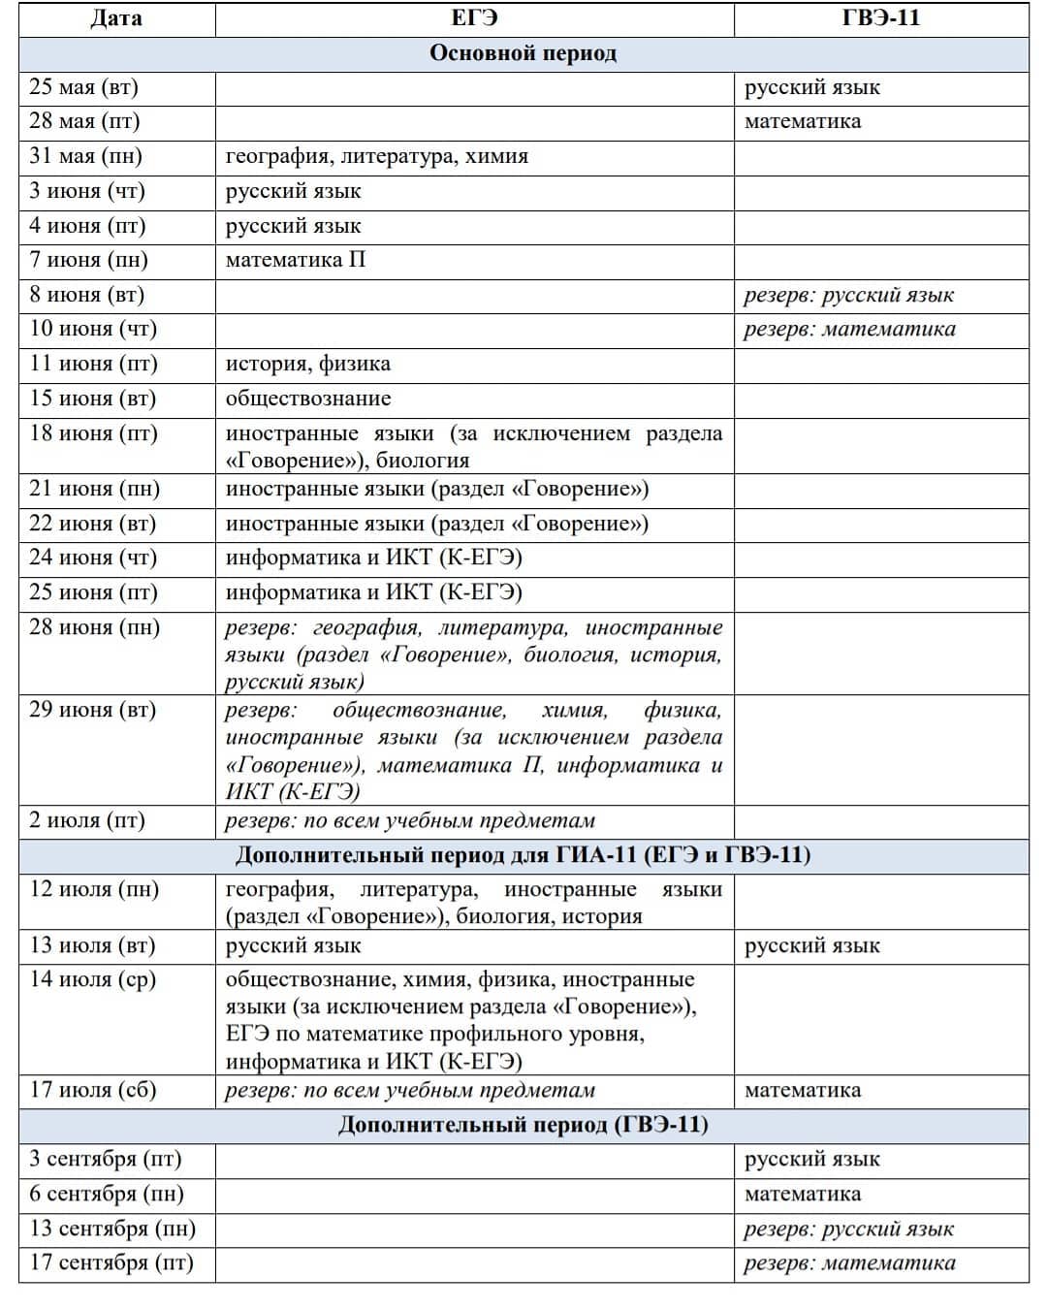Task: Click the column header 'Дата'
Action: coord(115,18)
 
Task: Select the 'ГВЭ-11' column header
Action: coord(880,18)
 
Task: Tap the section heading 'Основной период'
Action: coord(523,53)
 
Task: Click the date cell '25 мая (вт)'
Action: coord(84,87)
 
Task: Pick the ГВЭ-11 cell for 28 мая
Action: coord(803,122)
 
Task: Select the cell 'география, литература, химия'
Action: coord(377,156)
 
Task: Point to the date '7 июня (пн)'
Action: coord(89,260)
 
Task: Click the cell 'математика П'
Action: coord(296,260)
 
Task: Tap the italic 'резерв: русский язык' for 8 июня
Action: coord(848,295)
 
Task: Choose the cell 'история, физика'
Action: coord(308,365)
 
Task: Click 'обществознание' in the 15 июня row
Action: coord(308,399)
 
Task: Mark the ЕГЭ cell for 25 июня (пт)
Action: coord(374,592)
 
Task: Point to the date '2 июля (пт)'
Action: coord(87,820)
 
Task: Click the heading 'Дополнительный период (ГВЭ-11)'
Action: coord(523,1125)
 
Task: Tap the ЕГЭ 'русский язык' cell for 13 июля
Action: coord(294,946)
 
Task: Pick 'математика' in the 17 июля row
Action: coord(803,1091)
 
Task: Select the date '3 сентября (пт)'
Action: coord(106,1160)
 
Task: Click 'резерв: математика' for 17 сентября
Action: coord(849,1263)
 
